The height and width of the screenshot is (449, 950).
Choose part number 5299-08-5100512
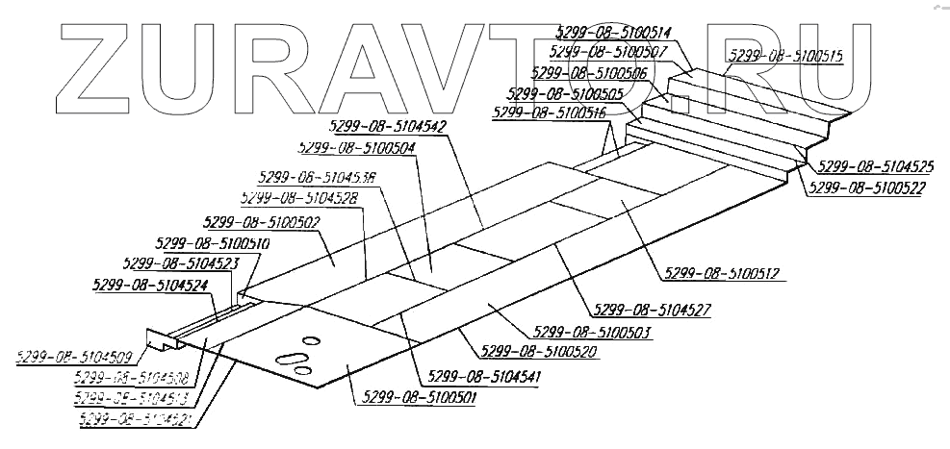coord(719,273)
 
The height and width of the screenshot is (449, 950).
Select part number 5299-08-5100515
coord(785,56)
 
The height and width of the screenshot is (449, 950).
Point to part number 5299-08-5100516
coord(549,112)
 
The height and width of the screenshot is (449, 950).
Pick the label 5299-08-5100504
coord(358,148)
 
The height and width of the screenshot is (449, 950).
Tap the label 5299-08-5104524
coord(152,284)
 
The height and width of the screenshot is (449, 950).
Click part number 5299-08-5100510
coord(212,244)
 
